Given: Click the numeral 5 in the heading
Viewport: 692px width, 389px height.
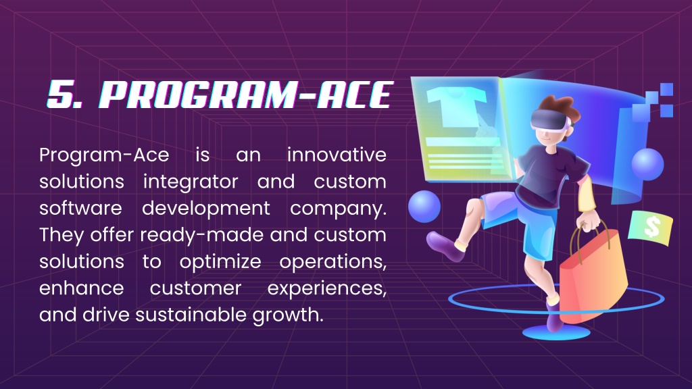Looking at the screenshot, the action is (61, 95).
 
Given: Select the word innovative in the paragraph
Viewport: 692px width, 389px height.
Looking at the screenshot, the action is (337, 155).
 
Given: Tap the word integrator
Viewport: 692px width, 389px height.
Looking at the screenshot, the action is (191, 182).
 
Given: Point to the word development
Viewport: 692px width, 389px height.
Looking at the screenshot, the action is (206, 208).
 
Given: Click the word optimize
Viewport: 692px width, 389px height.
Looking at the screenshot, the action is (221, 261).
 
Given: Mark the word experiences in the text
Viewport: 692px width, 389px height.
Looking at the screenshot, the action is (327, 288).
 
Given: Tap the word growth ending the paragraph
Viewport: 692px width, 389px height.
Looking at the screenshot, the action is (288, 315).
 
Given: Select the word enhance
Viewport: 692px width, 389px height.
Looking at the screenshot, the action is (82, 288).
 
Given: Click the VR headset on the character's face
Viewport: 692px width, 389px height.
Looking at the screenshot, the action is (550, 120).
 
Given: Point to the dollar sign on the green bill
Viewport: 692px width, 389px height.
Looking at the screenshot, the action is (652, 227).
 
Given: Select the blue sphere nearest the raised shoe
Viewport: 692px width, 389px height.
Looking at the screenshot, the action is (424, 207).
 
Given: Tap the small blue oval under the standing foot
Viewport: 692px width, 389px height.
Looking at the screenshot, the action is (556, 333).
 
